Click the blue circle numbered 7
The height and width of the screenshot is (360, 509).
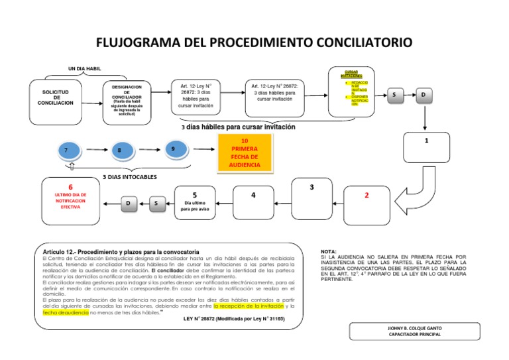click(66, 151)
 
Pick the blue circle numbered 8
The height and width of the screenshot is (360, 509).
click(119, 151)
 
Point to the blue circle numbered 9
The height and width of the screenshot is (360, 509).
click(173, 150)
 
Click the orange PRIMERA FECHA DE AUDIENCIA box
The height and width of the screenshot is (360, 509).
click(245, 152)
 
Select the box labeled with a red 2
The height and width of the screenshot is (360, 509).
click(367, 197)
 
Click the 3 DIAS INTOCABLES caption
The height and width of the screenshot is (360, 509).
click(129, 178)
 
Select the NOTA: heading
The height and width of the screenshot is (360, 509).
click(329, 252)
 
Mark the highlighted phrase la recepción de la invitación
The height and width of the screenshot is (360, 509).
click(249, 306)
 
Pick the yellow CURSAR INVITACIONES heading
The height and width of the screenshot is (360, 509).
click(351, 74)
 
